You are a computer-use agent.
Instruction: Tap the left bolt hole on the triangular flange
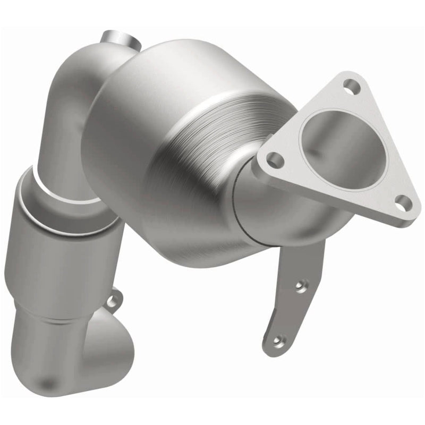point(274,158)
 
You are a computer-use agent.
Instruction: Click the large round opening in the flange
point(340,148)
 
